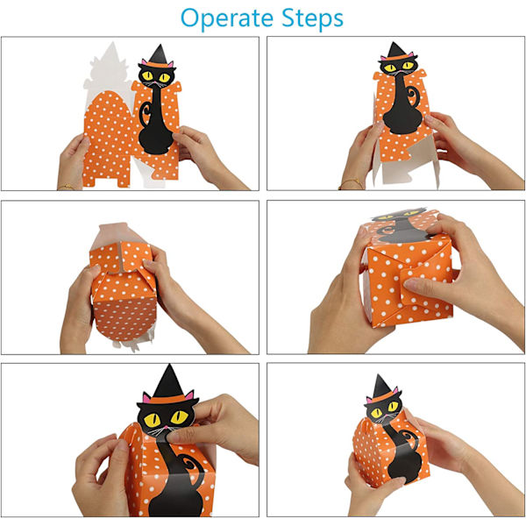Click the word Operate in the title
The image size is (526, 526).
coord(227,18)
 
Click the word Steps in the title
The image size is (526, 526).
coord(312,18)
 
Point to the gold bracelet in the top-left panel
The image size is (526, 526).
coord(67,186)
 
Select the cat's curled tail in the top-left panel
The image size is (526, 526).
coord(145,113)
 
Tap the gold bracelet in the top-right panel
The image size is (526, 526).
coord(351,183)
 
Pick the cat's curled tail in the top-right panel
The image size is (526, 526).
coord(413,96)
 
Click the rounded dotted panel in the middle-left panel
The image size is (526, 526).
coord(124,318)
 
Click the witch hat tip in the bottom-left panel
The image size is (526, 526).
coord(169,365)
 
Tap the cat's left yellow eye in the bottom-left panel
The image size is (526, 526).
coord(152,419)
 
